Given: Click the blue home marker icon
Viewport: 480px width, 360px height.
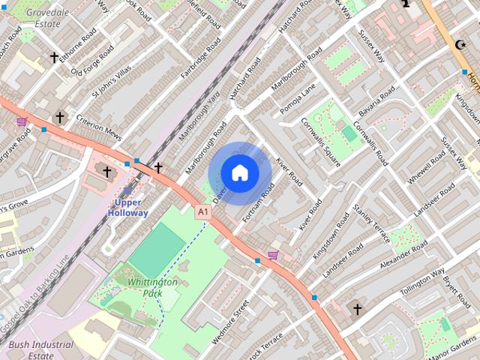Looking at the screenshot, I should (x=239, y=173).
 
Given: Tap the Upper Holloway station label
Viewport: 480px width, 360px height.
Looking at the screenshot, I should (x=127, y=208).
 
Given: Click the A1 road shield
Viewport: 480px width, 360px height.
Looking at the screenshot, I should (x=202, y=213).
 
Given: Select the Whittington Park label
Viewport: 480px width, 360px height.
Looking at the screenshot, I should (x=152, y=287).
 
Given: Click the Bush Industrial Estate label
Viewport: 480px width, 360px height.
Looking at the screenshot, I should (x=41, y=351).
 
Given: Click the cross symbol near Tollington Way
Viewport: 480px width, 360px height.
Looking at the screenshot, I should (x=357, y=308).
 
